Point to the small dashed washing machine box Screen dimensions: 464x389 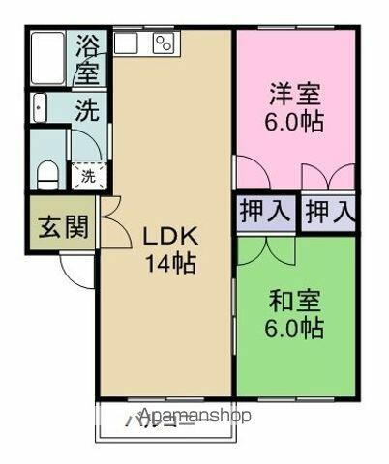click(87, 176)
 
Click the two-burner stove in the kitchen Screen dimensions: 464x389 click(162, 43)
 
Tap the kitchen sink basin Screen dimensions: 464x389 click(127, 43)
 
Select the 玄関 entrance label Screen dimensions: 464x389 click(64, 228)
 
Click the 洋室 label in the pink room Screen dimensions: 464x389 click(295, 96)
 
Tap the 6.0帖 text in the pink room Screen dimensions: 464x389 click(295, 123)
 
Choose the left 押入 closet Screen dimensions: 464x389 click(265, 212)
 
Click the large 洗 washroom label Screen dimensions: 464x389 click(87, 109)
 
